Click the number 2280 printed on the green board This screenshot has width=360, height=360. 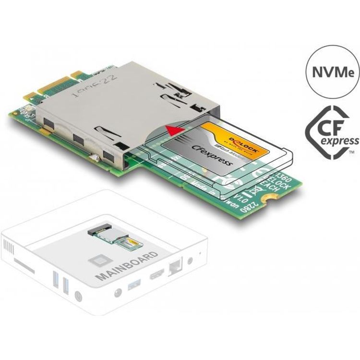[256, 206]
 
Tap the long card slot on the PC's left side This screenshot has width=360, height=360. [24, 266]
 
